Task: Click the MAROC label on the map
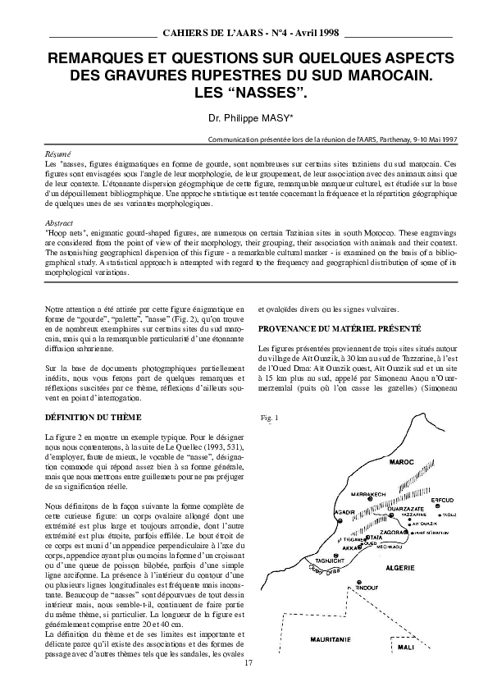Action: point(402,463)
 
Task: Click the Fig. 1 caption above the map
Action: point(270,418)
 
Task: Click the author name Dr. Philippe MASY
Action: point(244,118)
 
